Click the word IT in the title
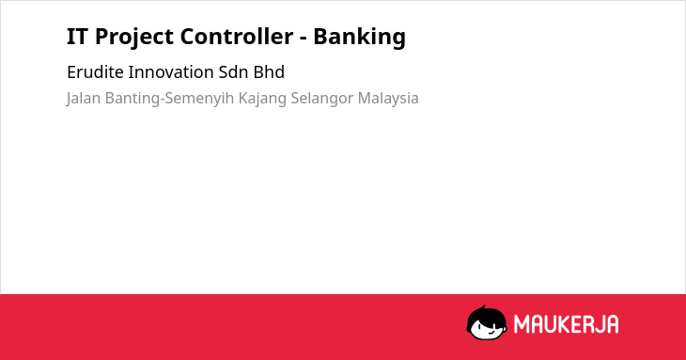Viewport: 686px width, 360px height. [x=76, y=37]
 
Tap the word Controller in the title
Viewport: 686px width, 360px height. [x=236, y=36]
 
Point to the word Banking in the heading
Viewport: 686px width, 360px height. [x=359, y=38]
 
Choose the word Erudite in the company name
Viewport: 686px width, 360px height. [x=95, y=72]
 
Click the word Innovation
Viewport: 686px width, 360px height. [x=171, y=72]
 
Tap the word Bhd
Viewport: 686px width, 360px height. [x=269, y=72]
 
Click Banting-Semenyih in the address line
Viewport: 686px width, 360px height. [x=170, y=99]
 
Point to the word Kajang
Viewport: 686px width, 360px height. [x=262, y=99]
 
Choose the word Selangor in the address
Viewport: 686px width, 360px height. [x=321, y=99]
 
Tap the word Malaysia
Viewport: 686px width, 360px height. [x=388, y=99]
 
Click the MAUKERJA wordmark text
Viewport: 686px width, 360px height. [x=566, y=324]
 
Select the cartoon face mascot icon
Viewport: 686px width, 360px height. [x=487, y=322]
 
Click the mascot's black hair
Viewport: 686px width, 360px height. [x=486, y=316]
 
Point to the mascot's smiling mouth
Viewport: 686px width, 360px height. [x=491, y=333]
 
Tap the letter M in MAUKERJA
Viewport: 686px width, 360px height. [x=522, y=324]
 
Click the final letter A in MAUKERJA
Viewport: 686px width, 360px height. [x=612, y=324]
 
